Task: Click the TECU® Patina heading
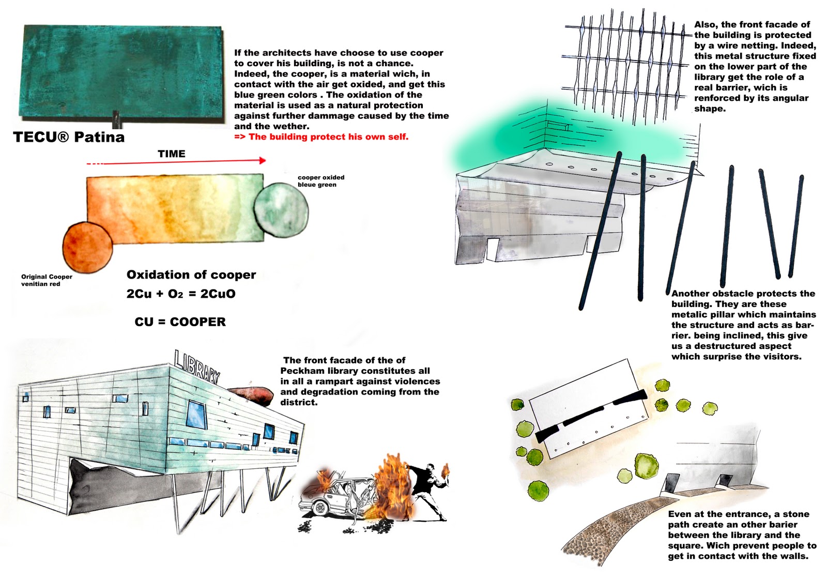69,137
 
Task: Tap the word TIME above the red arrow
171,154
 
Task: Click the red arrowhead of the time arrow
263,161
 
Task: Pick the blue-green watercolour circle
281,209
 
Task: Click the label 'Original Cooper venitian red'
47,280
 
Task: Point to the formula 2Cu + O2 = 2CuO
181,294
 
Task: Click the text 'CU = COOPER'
180,322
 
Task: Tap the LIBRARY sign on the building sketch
197,367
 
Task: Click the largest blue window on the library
196,414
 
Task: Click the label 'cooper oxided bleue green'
320,181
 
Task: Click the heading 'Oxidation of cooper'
191,275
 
